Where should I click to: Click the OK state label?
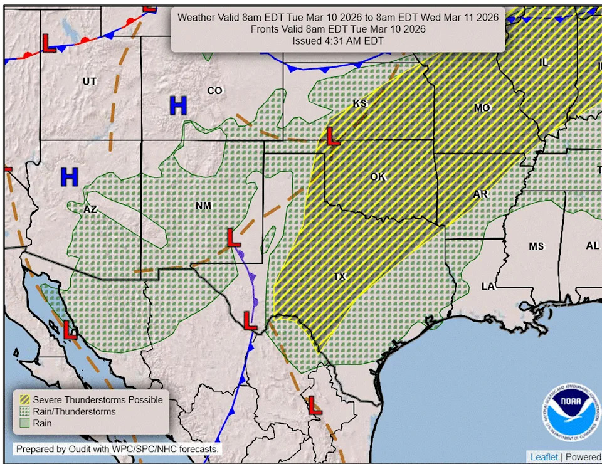pyautogui.click(x=378, y=177)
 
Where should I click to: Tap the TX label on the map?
pyautogui.click(x=339, y=277)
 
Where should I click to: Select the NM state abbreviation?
pyautogui.click(x=203, y=206)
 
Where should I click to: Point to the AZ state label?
pyautogui.click(x=90, y=209)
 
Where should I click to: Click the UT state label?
pyautogui.click(x=90, y=82)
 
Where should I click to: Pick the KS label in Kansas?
pyautogui.click(x=359, y=103)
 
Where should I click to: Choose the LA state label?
pyautogui.click(x=488, y=286)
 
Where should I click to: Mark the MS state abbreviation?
pyautogui.click(x=536, y=246)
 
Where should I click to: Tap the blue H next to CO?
pyautogui.click(x=178, y=106)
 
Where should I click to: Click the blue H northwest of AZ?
pyautogui.click(x=69, y=177)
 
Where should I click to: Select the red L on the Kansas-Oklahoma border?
pyautogui.click(x=333, y=136)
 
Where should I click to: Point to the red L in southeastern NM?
pyautogui.click(x=233, y=237)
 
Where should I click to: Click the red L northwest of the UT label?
pyautogui.click(x=48, y=43)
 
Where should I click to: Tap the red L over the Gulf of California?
pyautogui.click(x=70, y=330)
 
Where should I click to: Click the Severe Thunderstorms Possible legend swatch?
pyautogui.click(x=24, y=399)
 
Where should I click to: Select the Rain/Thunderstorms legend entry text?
pyautogui.click(x=74, y=411)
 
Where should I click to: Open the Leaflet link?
pyautogui.click(x=544, y=456)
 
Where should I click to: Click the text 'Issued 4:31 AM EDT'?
pyautogui.click(x=338, y=41)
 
